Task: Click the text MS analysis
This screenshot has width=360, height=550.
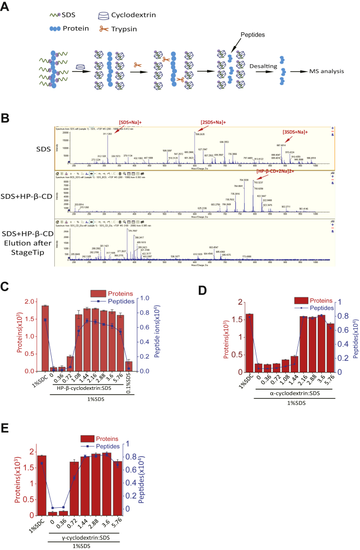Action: point(324,71)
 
